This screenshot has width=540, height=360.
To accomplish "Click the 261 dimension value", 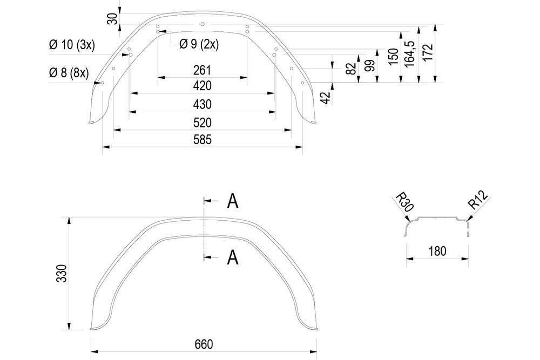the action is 202,70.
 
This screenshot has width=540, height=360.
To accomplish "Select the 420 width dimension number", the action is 202,86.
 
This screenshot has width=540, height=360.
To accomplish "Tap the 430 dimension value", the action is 202,104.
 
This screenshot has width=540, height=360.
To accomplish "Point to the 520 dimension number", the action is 202,123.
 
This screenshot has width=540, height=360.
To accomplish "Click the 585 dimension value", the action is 202,140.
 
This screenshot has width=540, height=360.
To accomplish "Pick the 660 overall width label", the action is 204,344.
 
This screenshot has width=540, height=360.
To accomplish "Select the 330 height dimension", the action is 62,273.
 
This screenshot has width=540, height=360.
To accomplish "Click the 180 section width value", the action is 437,251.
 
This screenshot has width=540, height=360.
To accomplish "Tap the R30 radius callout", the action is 404,202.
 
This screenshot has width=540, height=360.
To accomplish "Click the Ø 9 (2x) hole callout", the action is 199,44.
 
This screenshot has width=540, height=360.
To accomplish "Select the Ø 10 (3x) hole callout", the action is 72,45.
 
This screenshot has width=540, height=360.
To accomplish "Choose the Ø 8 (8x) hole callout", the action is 69,73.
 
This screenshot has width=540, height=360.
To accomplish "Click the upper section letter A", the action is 233,201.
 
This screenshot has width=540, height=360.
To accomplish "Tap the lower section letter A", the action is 233,257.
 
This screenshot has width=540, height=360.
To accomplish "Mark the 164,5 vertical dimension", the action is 410,51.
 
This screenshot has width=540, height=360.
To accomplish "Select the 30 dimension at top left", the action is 112,19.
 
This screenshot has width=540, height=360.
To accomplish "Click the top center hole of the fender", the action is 202,24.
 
